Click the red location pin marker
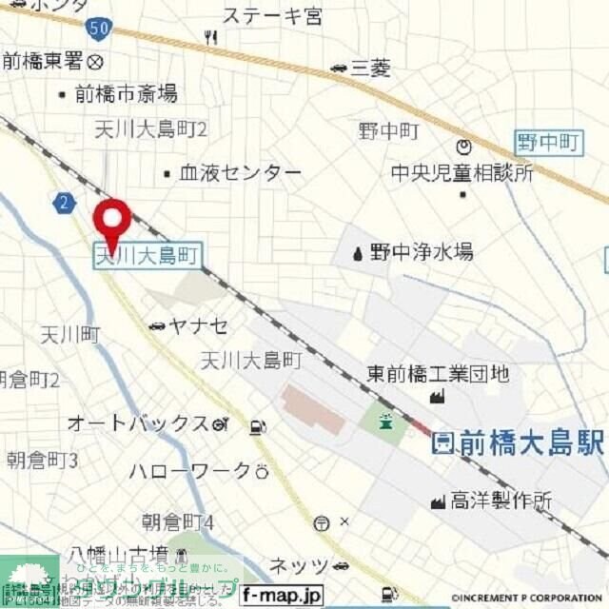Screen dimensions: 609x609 112,222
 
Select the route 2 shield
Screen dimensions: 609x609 64,202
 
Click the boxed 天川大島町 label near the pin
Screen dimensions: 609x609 147,254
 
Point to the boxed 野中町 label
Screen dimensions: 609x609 548,143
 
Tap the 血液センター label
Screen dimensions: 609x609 240,173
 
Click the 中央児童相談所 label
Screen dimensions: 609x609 462,173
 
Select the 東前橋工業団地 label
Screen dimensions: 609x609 439,374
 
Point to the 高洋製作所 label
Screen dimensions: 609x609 501,500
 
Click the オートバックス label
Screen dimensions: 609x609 137,423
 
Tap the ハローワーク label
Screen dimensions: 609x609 189,471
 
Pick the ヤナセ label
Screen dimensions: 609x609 198,326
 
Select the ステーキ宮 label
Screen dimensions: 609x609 272,16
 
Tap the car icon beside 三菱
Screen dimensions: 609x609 339,68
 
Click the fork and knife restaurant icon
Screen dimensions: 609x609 210,37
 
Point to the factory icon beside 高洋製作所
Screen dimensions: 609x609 439,500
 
